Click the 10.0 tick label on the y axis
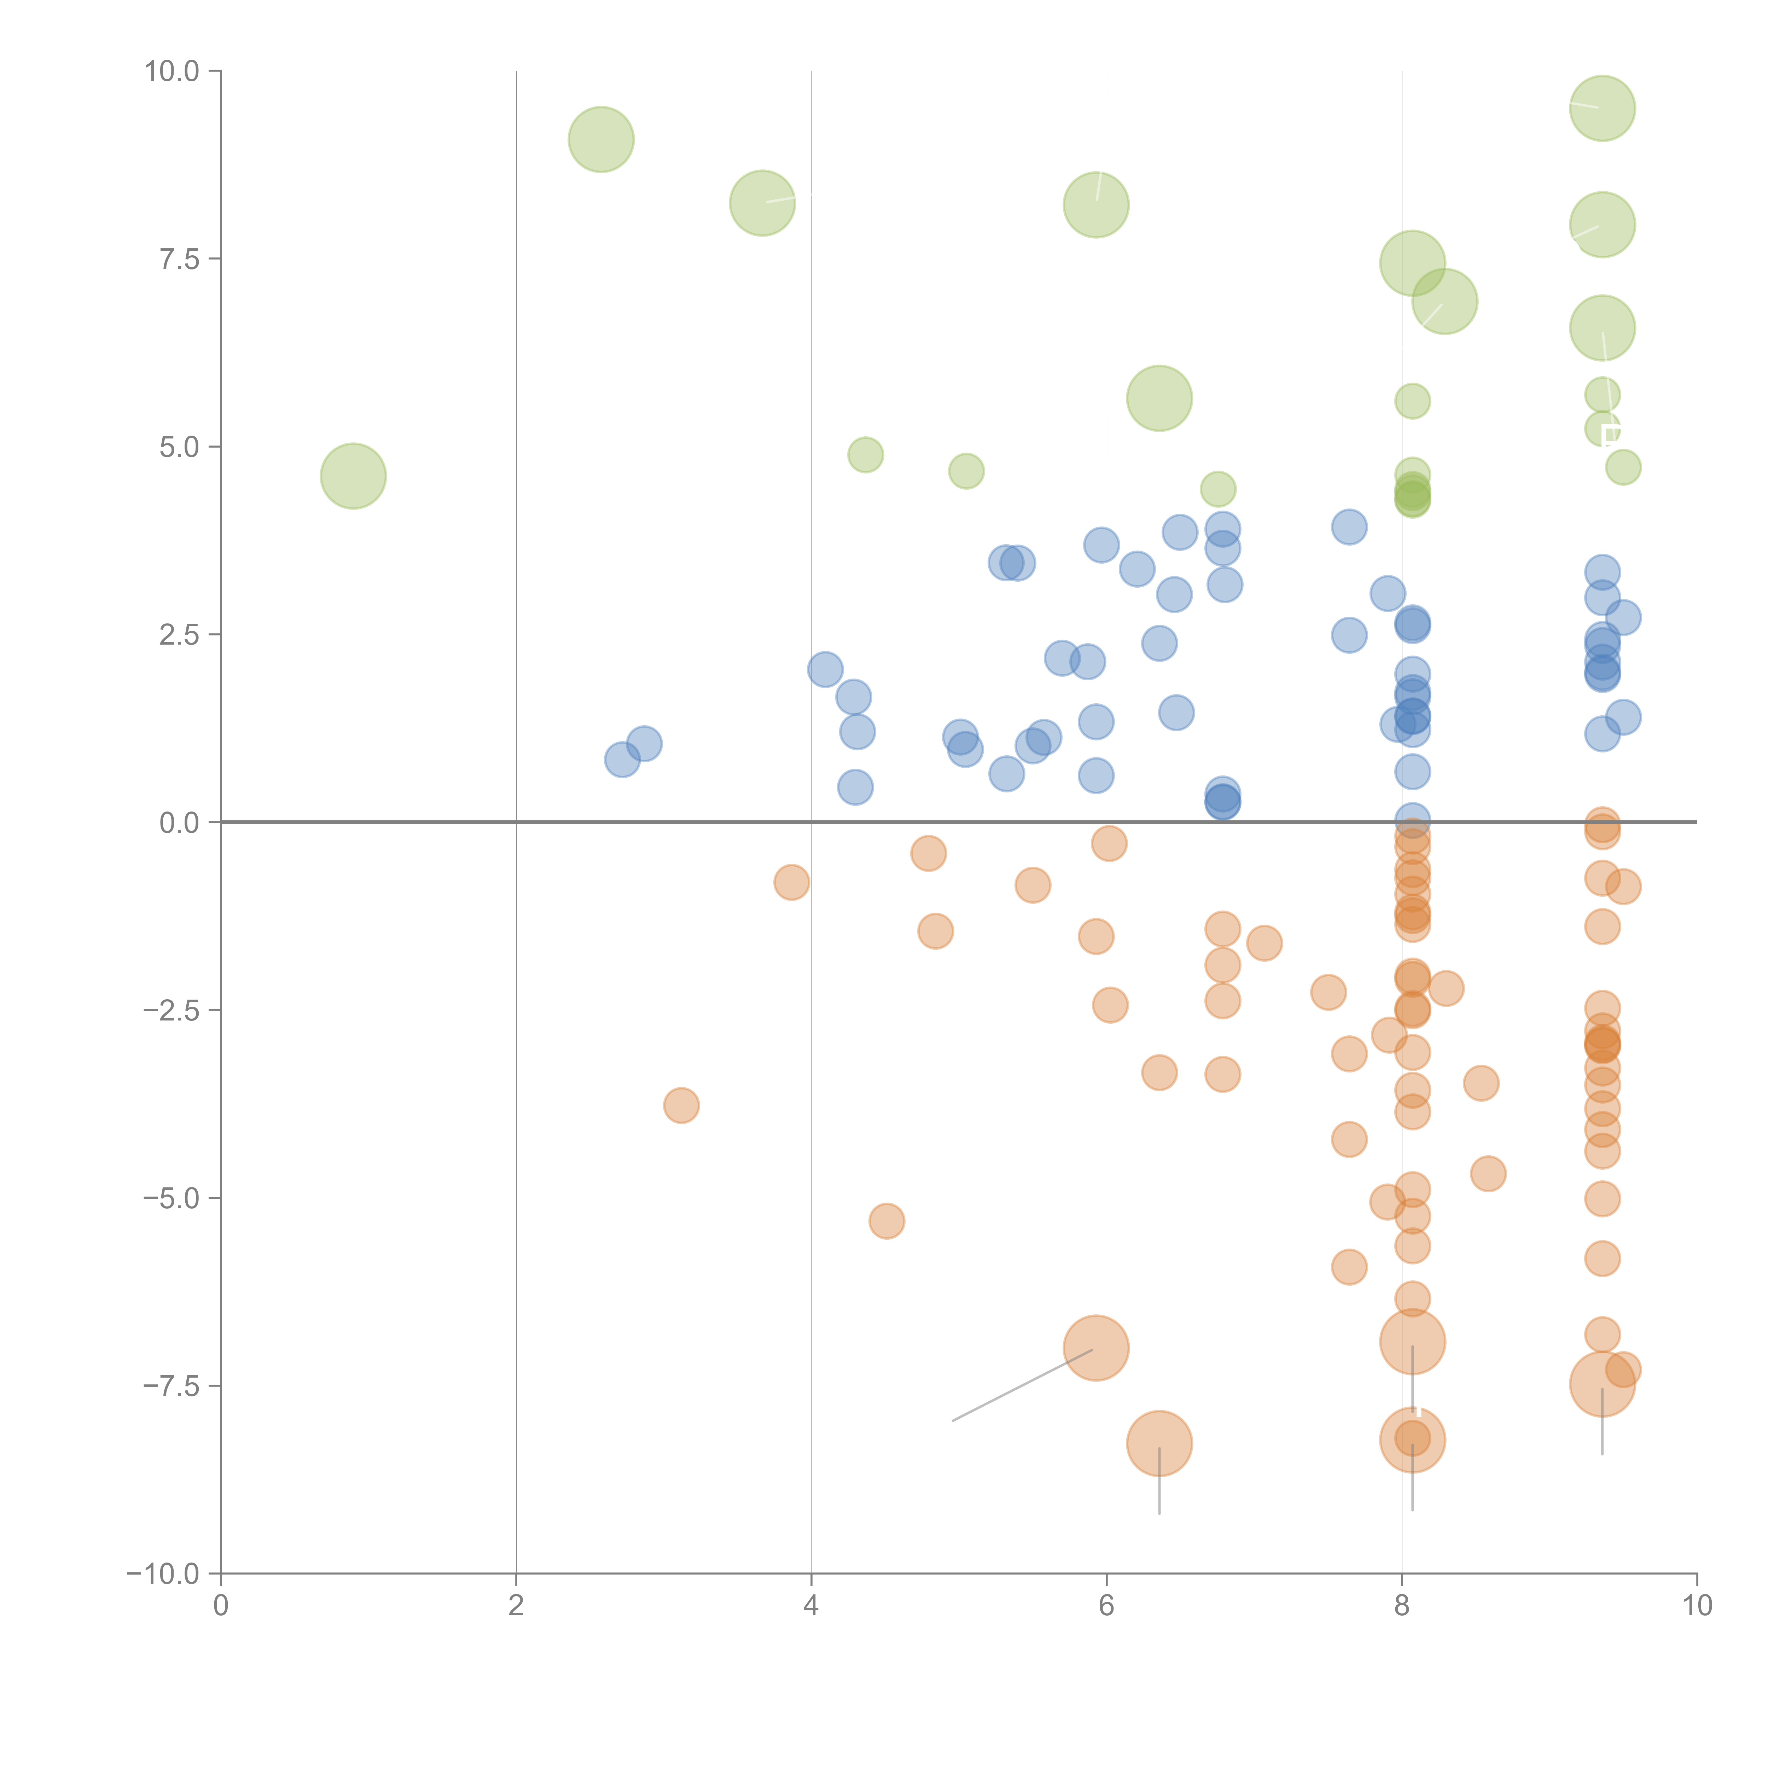[x=172, y=71]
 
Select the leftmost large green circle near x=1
[x=353, y=476]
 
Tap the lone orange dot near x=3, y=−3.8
[x=681, y=1105]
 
